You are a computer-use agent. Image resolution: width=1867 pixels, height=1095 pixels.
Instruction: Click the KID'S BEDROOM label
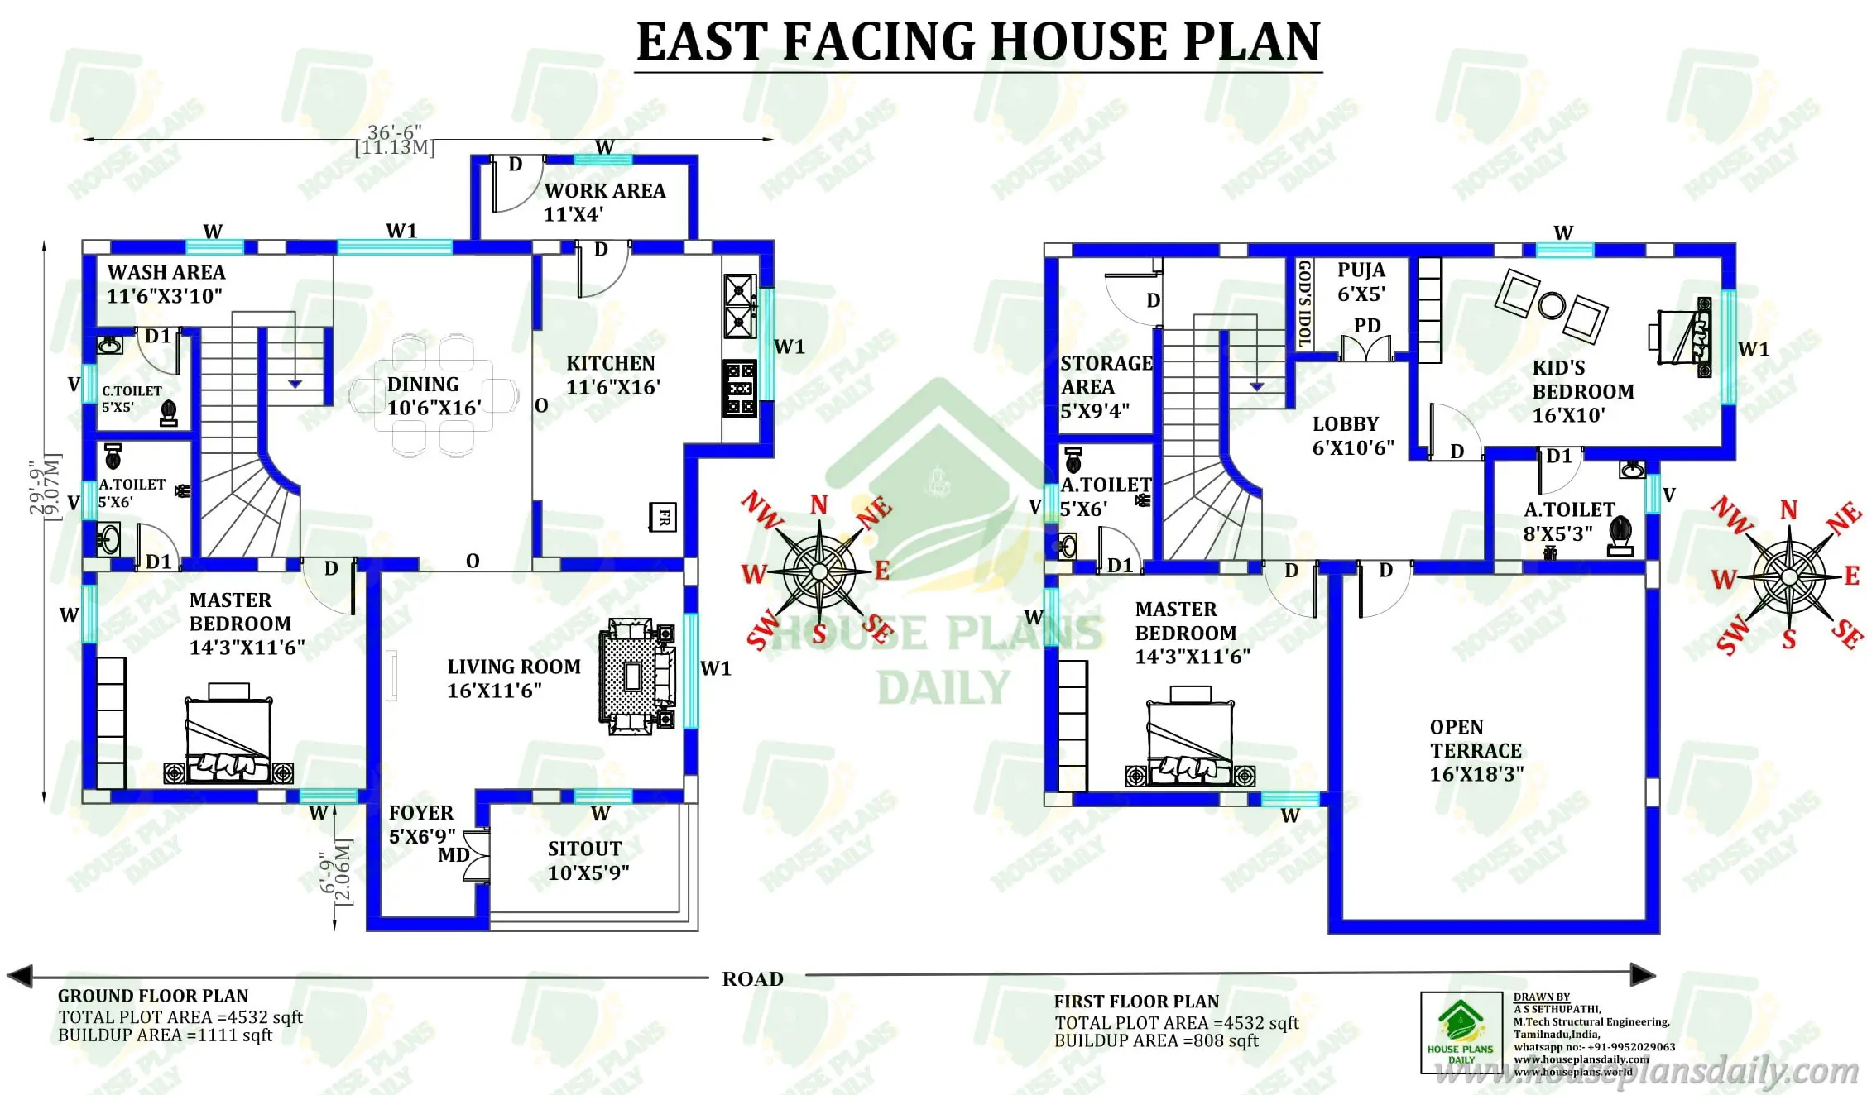tap(1582, 391)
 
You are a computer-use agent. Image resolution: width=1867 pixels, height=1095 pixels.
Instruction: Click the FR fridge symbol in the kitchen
tap(663, 518)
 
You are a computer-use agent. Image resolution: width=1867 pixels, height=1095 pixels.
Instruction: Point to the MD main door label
tap(454, 855)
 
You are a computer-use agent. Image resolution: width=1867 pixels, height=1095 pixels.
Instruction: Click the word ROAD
tap(752, 979)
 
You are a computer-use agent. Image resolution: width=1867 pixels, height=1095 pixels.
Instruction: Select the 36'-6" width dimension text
tap(394, 132)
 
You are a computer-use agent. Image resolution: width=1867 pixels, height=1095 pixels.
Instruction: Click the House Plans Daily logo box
tap(1461, 1033)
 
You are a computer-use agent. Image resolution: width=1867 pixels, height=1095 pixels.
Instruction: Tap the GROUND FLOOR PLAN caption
tap(153, 996)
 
